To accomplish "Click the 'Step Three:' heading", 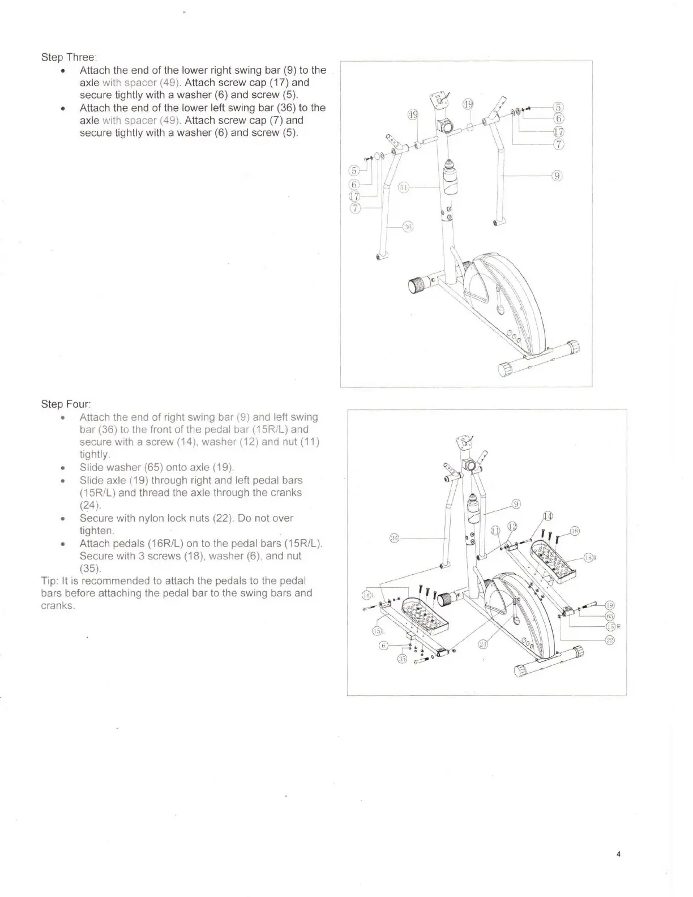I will click(69, 57).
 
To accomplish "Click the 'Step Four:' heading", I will click(66, 404).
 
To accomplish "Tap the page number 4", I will click(619, 855).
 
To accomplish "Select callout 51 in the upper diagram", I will click(404, 188).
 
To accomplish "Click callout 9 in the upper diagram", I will click(557, 176).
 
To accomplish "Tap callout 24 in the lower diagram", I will click(483, 644).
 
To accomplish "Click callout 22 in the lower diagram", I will click(610, 640).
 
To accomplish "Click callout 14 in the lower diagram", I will click(547, 515).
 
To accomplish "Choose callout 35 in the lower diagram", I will click(402, 659).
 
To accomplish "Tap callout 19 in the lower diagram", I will click(610, 605).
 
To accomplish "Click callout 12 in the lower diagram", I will click(512, 526).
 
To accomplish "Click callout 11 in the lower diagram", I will click(495, 530).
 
